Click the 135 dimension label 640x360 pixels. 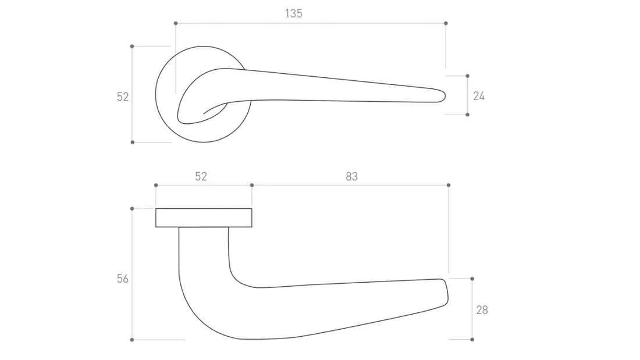coord(293,13)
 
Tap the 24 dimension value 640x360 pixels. coord(479,96)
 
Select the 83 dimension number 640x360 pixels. coord(351,176)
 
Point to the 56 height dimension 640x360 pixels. coord(122,279)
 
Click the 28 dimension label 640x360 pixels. coord(482,310)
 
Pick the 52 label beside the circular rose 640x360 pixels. coord(122,97)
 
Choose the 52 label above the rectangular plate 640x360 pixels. coord(201,176)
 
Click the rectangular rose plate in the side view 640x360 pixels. coord(204,218)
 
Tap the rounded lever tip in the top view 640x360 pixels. coord(442,96)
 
